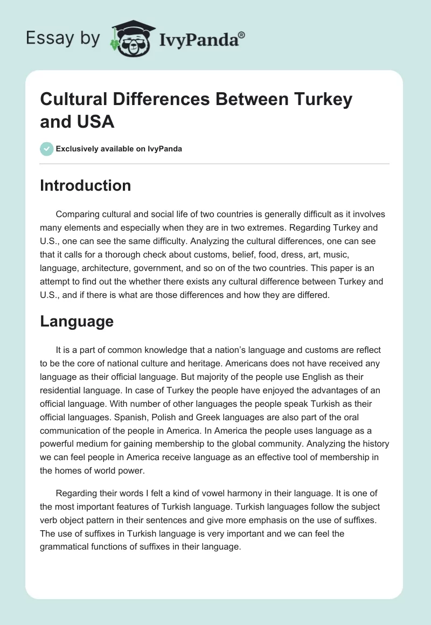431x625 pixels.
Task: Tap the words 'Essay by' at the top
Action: point(62,38)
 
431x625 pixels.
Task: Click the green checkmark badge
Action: point(47,149)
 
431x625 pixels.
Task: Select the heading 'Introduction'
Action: point(86,185)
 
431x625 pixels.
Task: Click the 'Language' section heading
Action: point(77,321)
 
